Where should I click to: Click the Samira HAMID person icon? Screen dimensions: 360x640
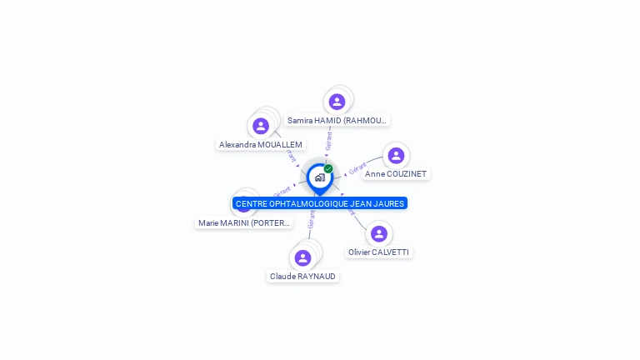pos(337,102)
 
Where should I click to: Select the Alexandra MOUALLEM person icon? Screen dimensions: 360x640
pos(261,126)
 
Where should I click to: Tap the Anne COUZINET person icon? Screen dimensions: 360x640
pos(396,156)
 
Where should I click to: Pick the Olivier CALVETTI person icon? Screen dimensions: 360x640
pos(379,233)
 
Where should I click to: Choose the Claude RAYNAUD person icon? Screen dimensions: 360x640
pos(302,257)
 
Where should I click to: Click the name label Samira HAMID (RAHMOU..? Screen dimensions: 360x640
pos(337,120)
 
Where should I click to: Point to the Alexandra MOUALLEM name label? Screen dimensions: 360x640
pos(261,144)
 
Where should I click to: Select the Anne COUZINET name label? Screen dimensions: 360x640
pos(396,174)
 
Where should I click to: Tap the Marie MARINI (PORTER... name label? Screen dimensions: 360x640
pos(244,222)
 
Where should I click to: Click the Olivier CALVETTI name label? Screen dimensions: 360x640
pos(379,252)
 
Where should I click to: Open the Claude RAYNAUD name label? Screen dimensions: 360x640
pos(302,276)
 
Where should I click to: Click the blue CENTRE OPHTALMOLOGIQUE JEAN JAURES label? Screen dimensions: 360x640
pos(320,203)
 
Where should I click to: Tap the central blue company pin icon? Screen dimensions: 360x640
pos(319,177)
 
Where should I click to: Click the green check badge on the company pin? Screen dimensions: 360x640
pos(328,168)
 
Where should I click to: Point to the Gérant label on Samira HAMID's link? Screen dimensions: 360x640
pos(329,140)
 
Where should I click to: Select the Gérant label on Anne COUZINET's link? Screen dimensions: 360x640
pos(357,167)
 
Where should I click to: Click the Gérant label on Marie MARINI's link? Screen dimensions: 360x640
pos(282,192)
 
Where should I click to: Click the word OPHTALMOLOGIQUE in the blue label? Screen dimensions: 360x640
pos(314,203)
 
